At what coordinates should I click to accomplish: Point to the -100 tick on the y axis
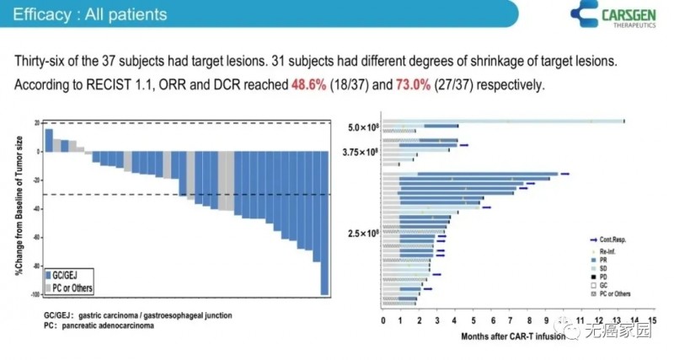(x=35, y=294)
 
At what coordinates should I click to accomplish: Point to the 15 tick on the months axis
(x=653, y=321)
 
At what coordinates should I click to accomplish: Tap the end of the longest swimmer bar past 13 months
(x=623, y=121)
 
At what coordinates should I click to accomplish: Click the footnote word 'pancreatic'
(x=92, y=324)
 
